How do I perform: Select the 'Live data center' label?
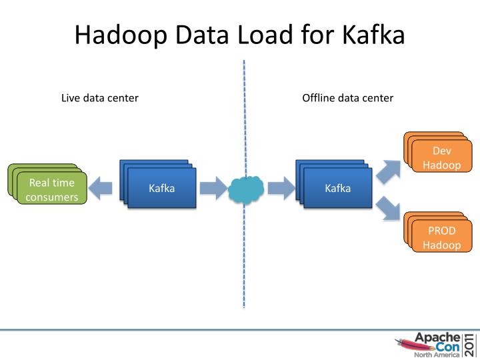(x=100, y=98)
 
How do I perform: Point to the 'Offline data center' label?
(x=348, y=98)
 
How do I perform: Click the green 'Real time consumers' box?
(x=52, y=189)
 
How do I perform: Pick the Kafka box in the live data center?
(x=161, y=188)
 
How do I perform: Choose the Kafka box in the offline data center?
(x=337, y=188)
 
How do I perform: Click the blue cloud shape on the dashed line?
(x=246, y=189)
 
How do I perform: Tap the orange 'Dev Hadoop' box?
(x=441, y=157)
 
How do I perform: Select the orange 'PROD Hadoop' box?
(x=441, y=237)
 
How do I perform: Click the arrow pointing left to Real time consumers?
(x=101, y=189)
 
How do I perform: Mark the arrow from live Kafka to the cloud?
(x=213, y=189)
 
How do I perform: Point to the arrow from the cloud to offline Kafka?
(x=281, y=189)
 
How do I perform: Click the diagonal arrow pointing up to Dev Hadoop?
(x=389, y=171)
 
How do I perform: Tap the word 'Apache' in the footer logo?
(x=437, y=337)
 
